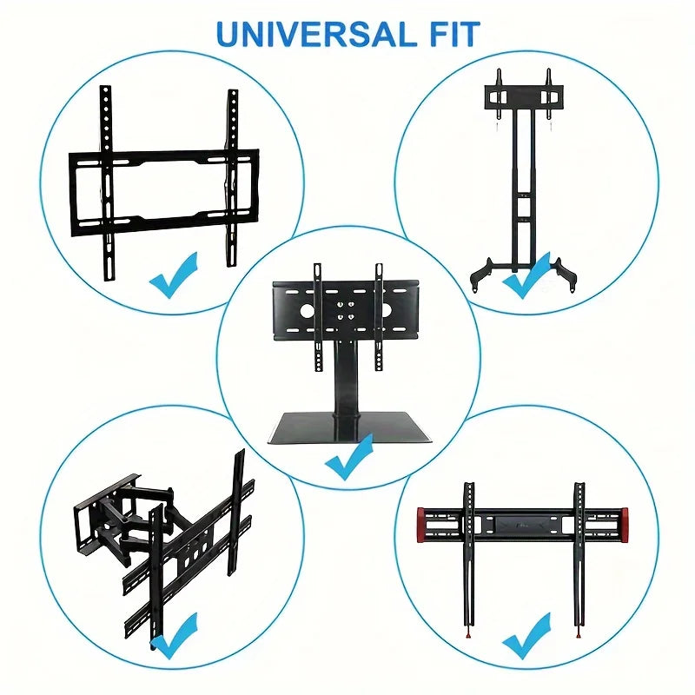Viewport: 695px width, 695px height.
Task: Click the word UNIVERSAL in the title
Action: coord(316,34)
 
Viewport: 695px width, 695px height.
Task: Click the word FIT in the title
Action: coord(455,34)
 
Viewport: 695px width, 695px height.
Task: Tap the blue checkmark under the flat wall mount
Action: coord(174,275)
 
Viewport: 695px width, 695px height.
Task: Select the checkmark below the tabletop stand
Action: coord(349,458)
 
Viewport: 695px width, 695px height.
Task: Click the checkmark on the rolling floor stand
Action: coord(526,276)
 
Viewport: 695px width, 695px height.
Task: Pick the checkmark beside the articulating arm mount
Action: coord(174,636)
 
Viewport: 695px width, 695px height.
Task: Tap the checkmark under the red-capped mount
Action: coord(526,636)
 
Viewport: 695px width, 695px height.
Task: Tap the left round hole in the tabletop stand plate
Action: coord(307,311)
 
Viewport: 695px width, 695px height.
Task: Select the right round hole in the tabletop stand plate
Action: coord(385,310)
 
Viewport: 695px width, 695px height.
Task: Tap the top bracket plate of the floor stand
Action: coord(524,97)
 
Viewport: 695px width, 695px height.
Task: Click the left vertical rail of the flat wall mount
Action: coord(106,182)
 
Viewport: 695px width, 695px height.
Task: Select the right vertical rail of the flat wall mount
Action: coord(232,178)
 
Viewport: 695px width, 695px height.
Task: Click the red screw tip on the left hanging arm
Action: coord(468,637)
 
